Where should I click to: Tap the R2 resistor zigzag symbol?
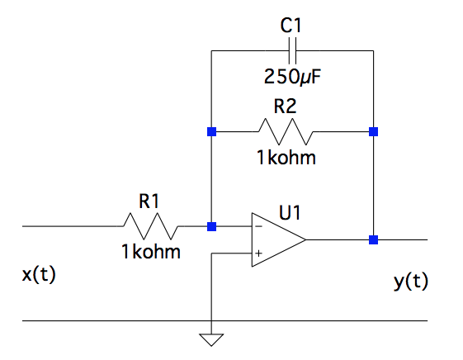coord(286,131)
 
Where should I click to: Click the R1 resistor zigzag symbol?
coord(151,225)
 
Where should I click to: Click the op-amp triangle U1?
coord(277,239)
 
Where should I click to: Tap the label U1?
coord(289,214)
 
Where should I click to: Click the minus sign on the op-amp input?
coord(258,226)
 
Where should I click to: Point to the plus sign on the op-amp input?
coord(258,253)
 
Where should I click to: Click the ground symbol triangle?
coord(212,339)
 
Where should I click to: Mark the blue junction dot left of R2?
coord(212,131)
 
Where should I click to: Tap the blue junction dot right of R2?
coord(373,131)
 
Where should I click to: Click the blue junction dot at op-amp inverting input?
coord(212,225)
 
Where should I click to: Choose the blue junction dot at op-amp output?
coord(373,239)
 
